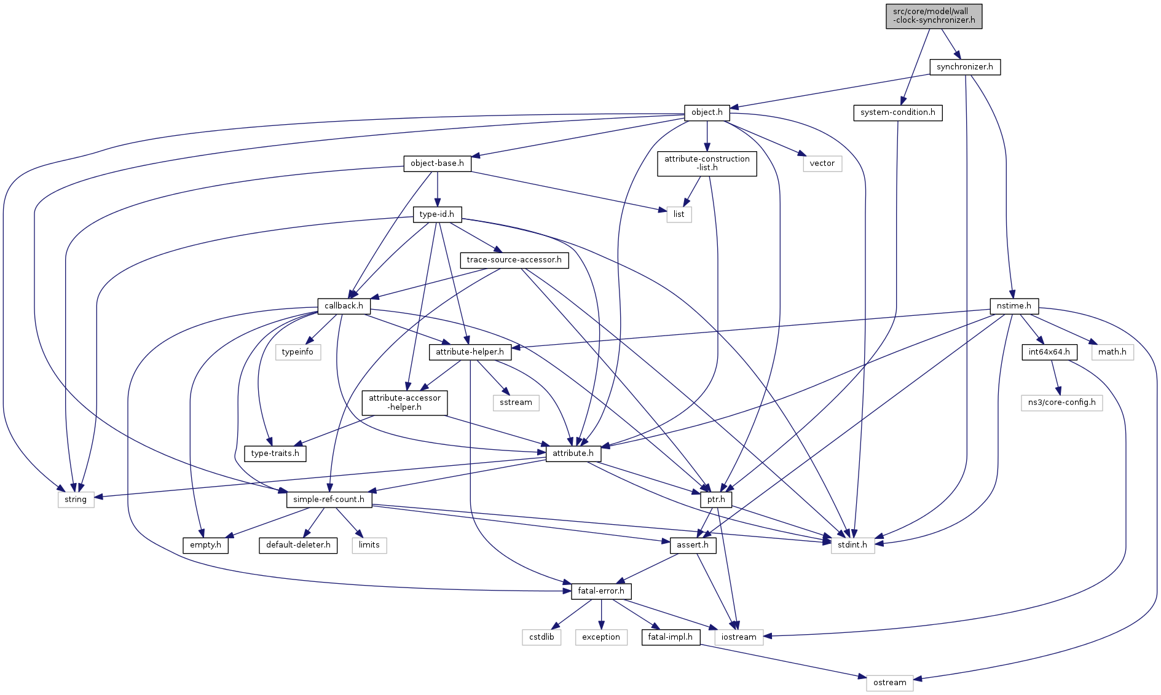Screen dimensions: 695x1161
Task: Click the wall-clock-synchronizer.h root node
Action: pos(934,16)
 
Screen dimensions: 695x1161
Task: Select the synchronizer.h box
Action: pos(964,67)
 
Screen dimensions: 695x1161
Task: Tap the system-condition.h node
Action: pos(897,112)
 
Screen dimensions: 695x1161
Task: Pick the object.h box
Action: pos(707,112)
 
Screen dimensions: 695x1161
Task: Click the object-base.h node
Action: pos(437,163)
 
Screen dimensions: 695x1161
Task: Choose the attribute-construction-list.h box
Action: pos(707,163)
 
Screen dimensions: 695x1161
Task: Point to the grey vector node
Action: pos(822,163)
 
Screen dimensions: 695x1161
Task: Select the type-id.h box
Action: pos(436,214)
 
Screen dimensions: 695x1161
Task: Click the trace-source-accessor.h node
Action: pos(514,260)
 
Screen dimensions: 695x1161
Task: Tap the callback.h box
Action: pos(344,306)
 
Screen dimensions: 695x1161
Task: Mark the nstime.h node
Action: pos(1013,306)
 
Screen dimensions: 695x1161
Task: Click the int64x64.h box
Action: pos(1049,352)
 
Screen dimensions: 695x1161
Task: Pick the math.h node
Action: pos(1112,352)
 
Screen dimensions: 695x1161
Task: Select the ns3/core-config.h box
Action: pos(1061,402)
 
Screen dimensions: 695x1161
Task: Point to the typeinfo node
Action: pos(297,352)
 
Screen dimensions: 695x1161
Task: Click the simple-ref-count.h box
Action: pos(329,500)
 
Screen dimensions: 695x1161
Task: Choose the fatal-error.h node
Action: pos(600,591)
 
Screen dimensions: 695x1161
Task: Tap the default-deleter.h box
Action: pos(298,545)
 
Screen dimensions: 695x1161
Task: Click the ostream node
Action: pos(889,683)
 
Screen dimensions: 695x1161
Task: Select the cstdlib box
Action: pos(541,637)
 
